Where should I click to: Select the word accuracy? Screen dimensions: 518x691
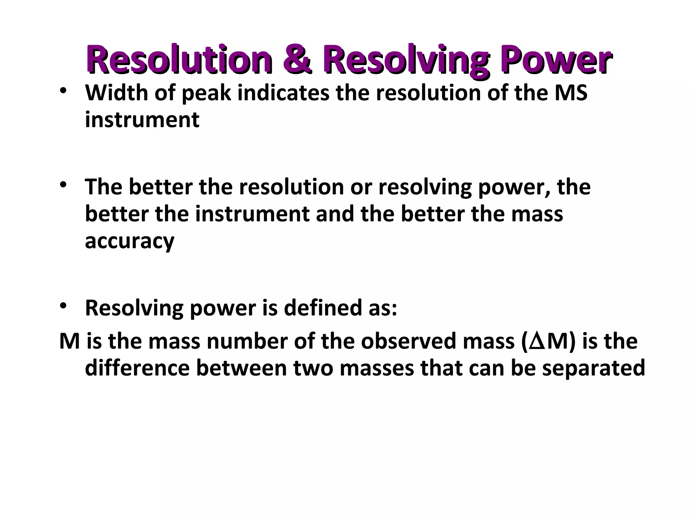click(130, 241)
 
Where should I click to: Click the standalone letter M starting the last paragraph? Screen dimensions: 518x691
click(70, 341)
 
